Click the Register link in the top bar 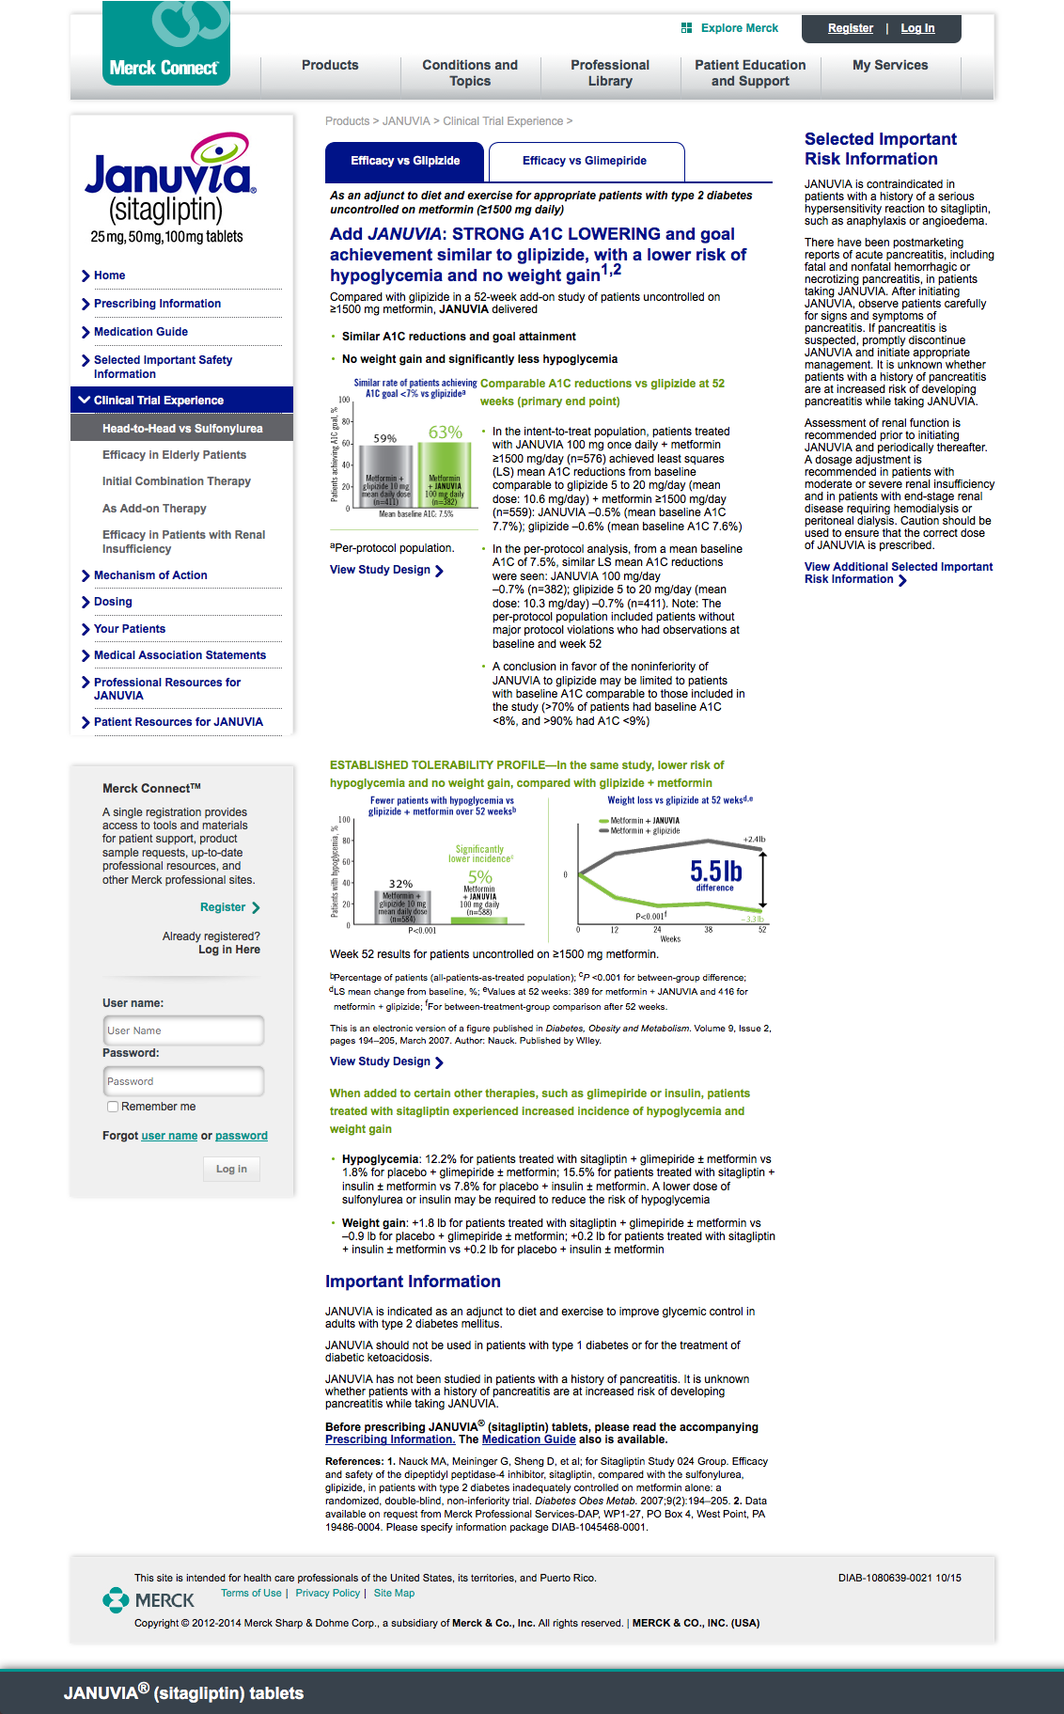click(x=850, y=28)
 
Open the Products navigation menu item click(x=330, y=65)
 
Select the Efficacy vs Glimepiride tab click(x=585, y=161)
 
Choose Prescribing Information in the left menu click(x=157, y=304)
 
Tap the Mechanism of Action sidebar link click(x=150, y=575)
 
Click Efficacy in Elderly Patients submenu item click(x=174, y=455)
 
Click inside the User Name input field click(x=183, y=1030)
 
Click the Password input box click(x=183, y=1081)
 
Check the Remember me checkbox click(x=113, y=1107)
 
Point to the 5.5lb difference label click(x=715, y=874)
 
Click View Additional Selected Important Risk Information click(x=898, y=573)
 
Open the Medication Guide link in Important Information click(x=528, y=1439)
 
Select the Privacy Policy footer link click(x=327, y=1593)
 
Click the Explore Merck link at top click(x=739, y=28)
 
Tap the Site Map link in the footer click(x=394, y=1593)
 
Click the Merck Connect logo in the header click(x=165, y=44)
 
